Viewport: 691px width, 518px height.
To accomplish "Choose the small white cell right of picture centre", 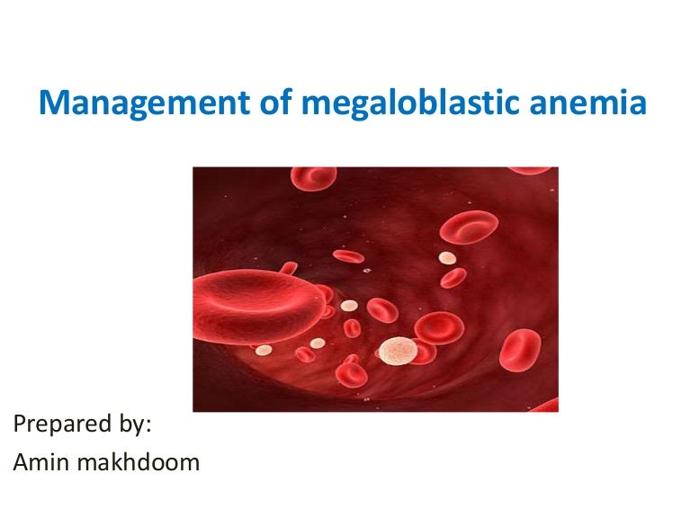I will point(446,257).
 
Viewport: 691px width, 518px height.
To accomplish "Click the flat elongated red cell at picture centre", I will point(348,256).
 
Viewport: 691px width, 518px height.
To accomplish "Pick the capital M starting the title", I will point(51,103).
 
